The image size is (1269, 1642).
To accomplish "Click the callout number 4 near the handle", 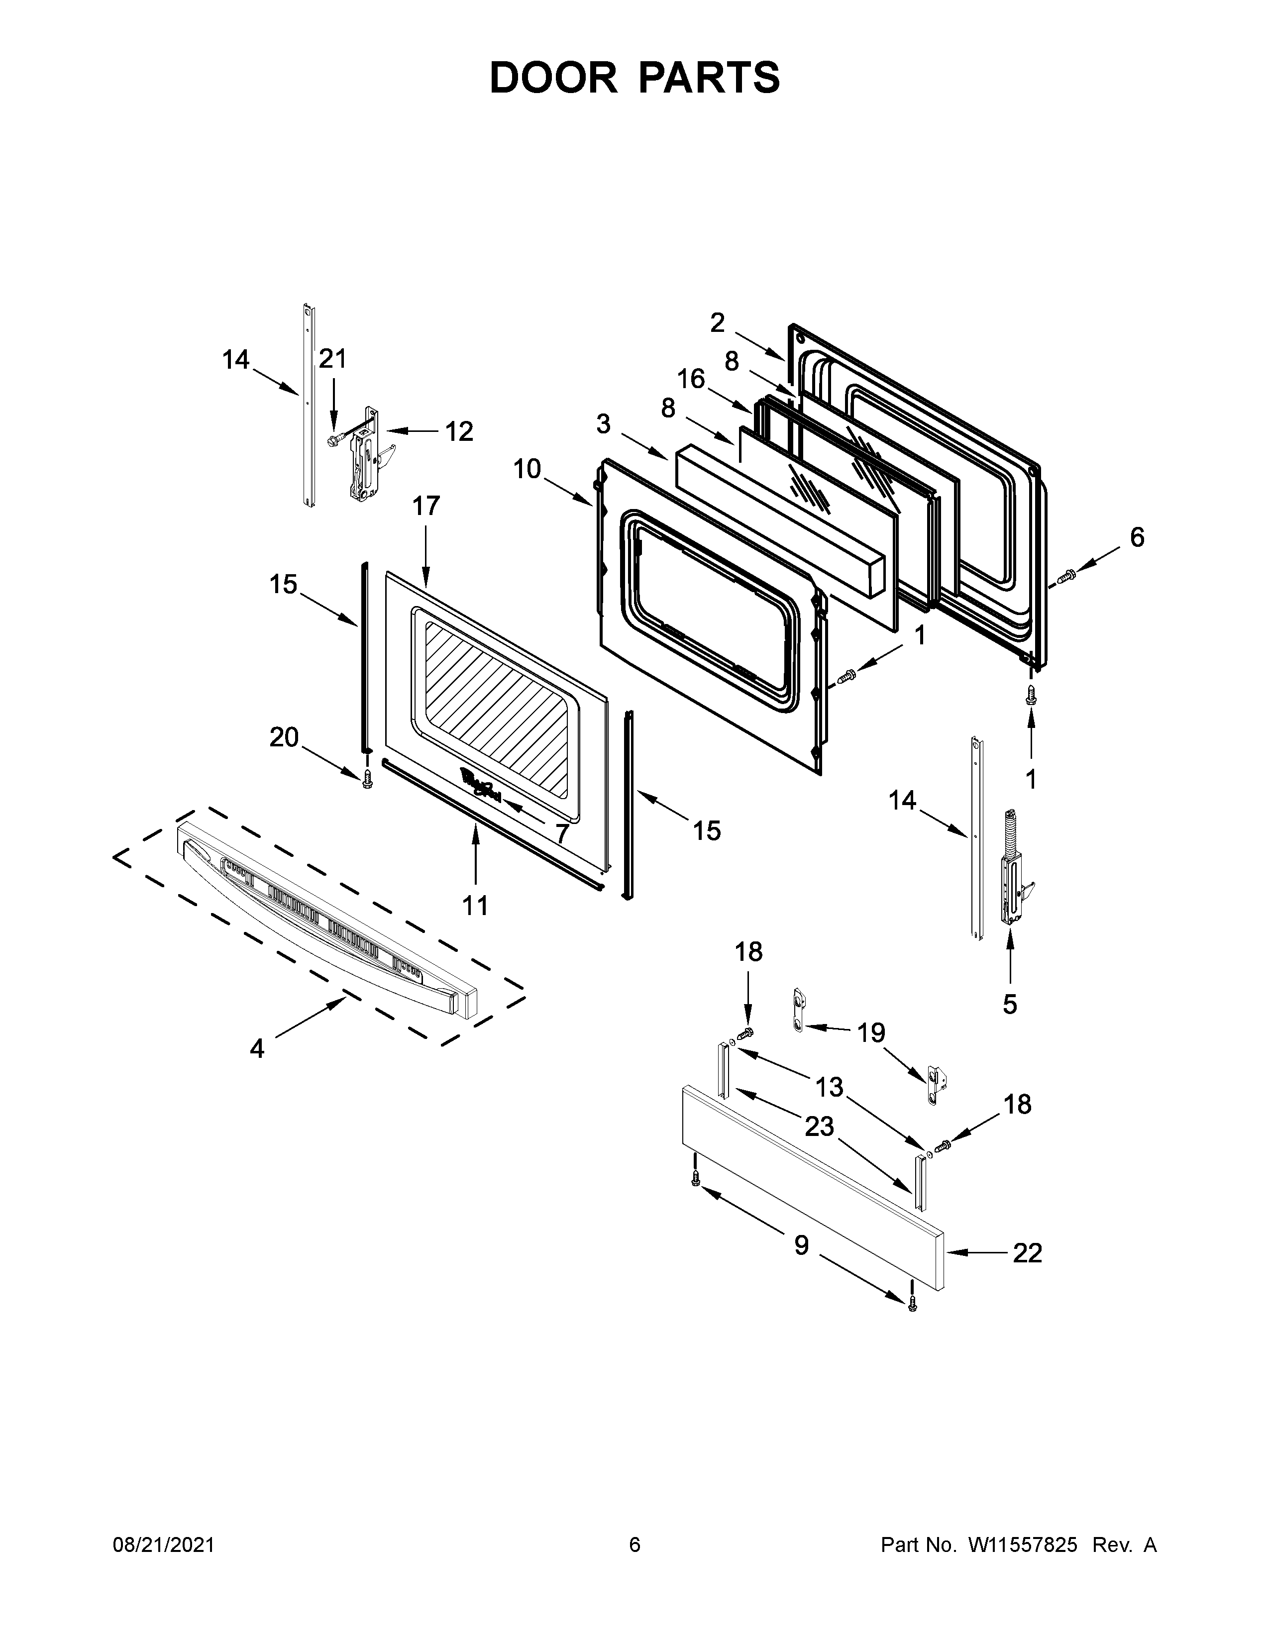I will click(x=257, y=1048).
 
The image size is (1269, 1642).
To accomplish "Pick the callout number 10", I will click(x=527, y=469).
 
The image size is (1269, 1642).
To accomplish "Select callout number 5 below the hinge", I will click(x=1010, y=1003).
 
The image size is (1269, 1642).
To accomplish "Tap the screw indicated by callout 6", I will click(x=1065, y=577).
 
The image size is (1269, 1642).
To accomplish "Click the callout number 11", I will click(x=475, y=905).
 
